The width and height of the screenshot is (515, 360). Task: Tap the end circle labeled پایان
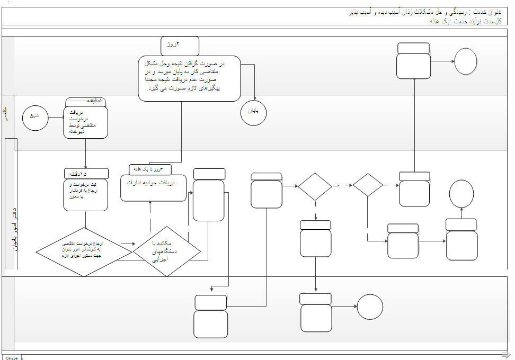point(253,113)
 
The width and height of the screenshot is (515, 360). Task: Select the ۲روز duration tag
point(180,46)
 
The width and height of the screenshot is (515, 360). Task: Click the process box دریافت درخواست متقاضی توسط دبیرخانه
point(85,122)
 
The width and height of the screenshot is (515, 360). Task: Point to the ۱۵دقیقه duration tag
point(86,174)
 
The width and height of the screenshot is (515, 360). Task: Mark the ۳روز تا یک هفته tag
point(150,169)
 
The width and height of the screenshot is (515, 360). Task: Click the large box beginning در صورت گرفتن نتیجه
point(189,78)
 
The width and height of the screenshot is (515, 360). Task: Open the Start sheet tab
point(11,358)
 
